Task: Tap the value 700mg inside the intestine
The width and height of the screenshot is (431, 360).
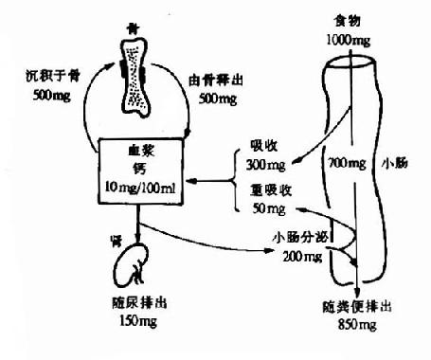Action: coord(344,163)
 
